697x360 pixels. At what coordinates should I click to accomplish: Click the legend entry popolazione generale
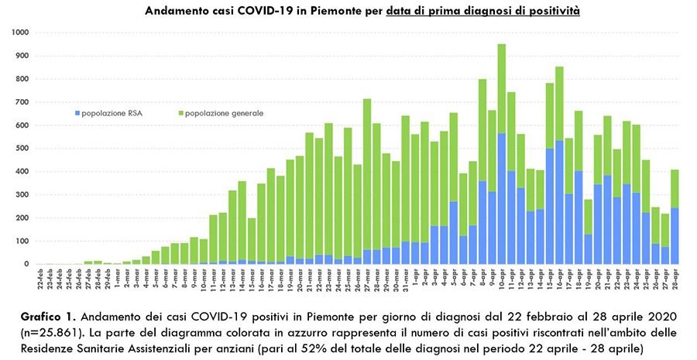click(x=225, y=114)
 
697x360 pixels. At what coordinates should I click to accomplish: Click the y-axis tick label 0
click(x=25, y=264)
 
